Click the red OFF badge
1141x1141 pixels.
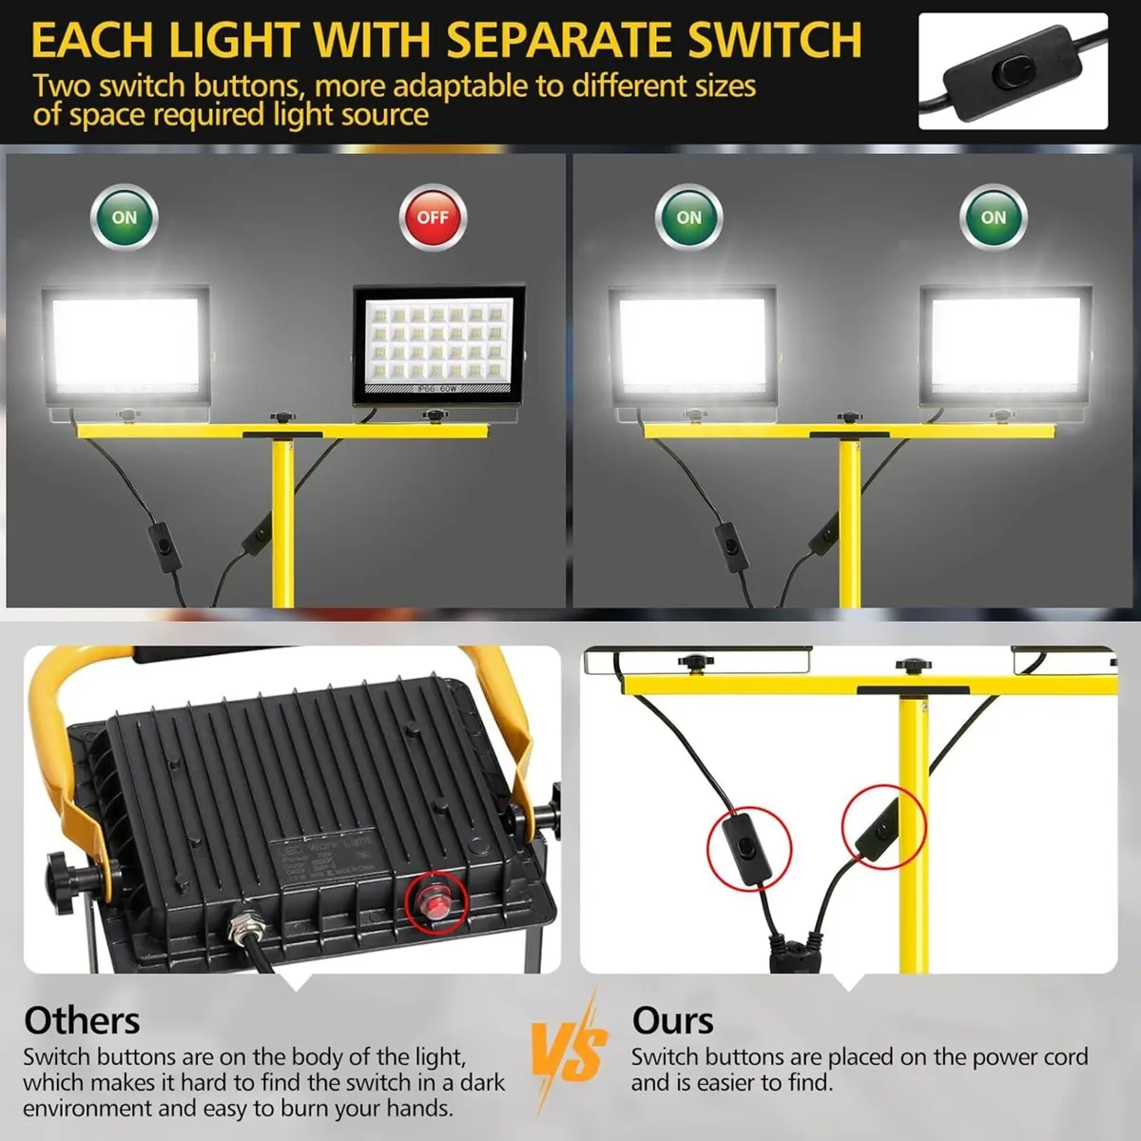point(433,218)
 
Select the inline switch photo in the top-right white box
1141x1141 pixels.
point(1013,71)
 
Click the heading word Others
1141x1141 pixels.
point(82,1020)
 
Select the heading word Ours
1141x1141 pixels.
point(672,1020)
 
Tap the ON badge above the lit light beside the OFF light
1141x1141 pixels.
point(125,218)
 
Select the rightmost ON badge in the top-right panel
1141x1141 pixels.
point(994,218)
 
